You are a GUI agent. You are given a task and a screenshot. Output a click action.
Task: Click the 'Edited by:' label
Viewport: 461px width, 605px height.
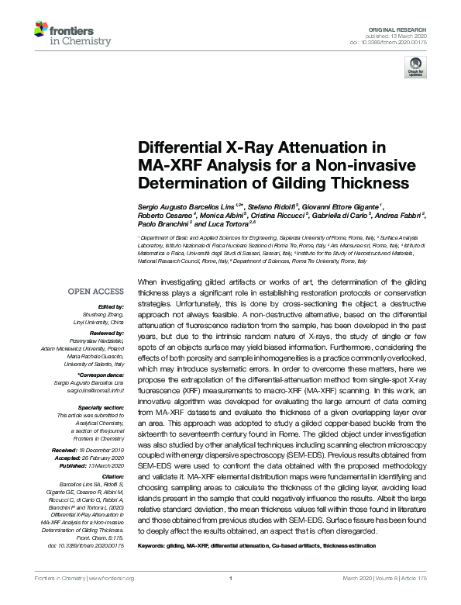click(x=110, y=306)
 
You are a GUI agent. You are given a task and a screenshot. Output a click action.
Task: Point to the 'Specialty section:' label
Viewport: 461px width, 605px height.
click(x=101, y=407)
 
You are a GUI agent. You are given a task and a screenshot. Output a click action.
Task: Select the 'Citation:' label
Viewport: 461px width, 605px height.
click(x=112, y=477)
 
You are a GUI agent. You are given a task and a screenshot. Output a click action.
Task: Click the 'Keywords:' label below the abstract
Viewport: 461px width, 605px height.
click(x=155, y=545)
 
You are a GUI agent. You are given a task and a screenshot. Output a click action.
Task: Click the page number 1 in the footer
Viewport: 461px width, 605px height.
click(x=231, y=579)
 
